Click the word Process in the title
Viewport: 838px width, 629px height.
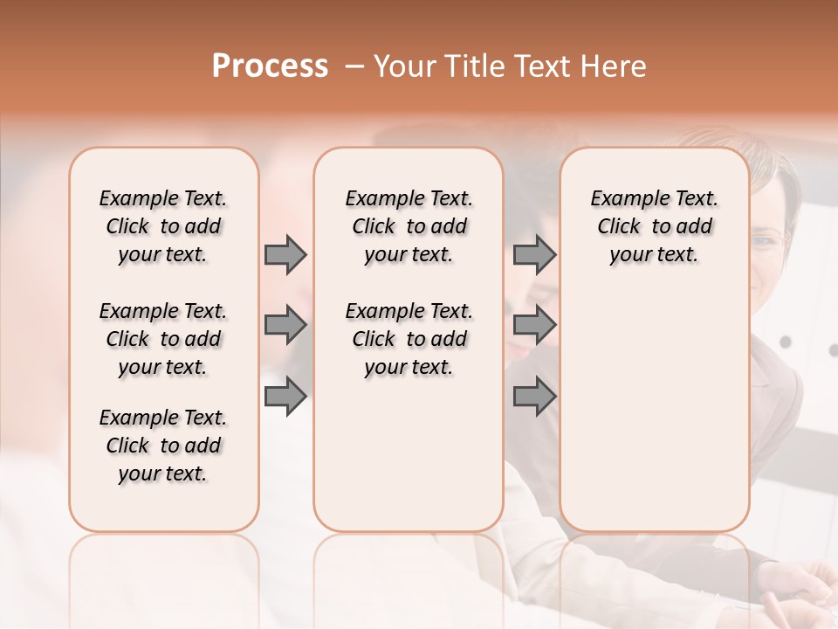270,66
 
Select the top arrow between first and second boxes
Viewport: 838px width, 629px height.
285,255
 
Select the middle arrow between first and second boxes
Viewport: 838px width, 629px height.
285,326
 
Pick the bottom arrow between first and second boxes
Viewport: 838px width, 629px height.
285,397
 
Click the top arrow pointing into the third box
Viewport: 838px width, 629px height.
534,255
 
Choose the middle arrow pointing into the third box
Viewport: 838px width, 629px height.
534,326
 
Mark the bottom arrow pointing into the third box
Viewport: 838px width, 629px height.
534,397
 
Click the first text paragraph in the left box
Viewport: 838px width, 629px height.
163,226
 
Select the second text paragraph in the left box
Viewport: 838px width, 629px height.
163,339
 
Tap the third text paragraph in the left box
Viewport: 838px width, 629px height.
163,446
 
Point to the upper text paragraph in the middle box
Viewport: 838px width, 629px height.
409,226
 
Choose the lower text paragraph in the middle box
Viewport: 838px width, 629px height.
409,339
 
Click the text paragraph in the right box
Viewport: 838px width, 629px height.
655,226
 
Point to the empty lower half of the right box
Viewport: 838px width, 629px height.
655,411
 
